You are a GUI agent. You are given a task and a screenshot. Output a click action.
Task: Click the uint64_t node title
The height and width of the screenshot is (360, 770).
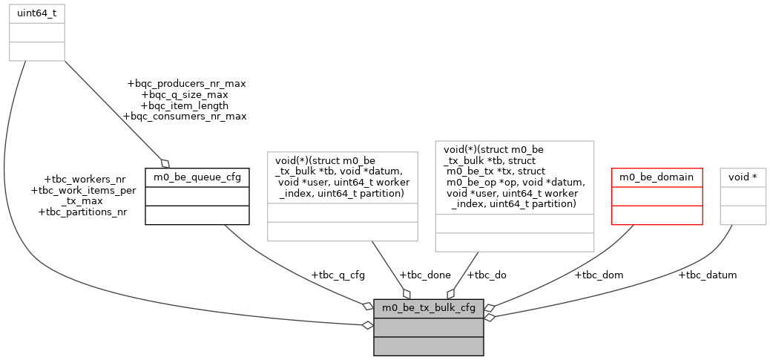tap(36, 13)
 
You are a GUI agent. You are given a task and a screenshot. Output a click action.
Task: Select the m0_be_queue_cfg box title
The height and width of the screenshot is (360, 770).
tap(197, 177)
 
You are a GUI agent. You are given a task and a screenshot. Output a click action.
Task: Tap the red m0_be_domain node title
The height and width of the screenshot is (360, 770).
tap(657, 177)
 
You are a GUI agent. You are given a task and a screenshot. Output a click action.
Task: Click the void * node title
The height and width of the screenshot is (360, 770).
tap(743, 177)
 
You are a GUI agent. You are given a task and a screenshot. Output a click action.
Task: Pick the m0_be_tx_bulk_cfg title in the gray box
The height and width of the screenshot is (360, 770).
tap(429, 307)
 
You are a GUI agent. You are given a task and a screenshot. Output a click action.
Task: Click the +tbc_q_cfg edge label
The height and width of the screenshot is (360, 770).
tap(338, 275)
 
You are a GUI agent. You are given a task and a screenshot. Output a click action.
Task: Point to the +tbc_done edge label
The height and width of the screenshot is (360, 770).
tap(424, 275)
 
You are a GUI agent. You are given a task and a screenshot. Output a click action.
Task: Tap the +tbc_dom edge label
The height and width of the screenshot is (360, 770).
tap(599, 275)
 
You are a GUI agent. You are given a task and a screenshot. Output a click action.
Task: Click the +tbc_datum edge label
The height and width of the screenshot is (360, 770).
tap(707, 275)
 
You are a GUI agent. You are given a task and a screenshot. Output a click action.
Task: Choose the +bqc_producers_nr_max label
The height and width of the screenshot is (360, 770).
tap(186, 84)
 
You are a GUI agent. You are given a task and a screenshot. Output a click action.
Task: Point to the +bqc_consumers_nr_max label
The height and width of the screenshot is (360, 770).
tap(184, 116)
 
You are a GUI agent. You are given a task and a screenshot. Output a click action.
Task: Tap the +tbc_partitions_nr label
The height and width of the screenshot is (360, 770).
tap(82, 212)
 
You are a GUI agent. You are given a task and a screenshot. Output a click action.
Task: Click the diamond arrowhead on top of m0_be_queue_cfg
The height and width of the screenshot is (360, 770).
tap(165, 163)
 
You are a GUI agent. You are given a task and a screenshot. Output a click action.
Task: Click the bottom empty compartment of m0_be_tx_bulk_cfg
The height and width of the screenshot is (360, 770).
tap(429, 346)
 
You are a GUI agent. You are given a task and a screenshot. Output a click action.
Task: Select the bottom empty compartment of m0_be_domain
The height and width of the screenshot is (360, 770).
tap(657, 215)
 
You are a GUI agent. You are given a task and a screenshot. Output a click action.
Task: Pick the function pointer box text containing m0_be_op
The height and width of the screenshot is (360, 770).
tap(515, 177)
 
